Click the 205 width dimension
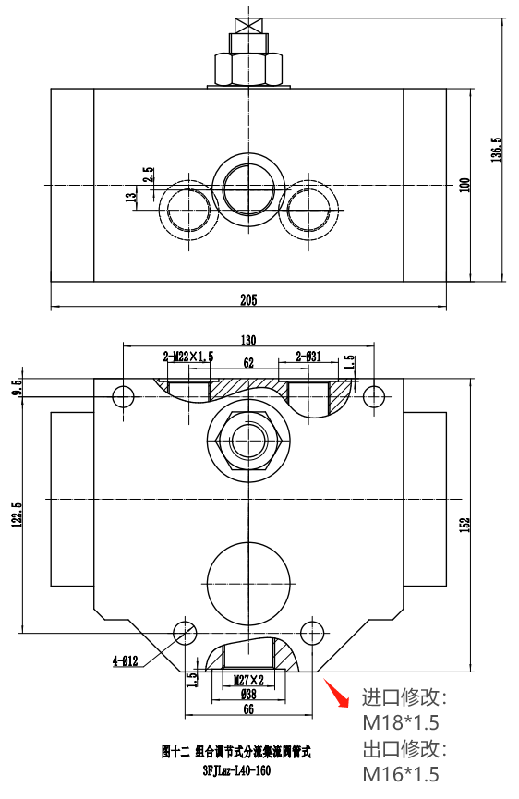248,299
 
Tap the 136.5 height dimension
497,150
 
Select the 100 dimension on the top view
465,185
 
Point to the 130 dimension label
248,340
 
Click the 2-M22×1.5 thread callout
188,357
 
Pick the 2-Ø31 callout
308,357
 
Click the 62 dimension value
248,363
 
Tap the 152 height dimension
465,525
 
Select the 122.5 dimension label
18,515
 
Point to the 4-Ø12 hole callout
126,661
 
